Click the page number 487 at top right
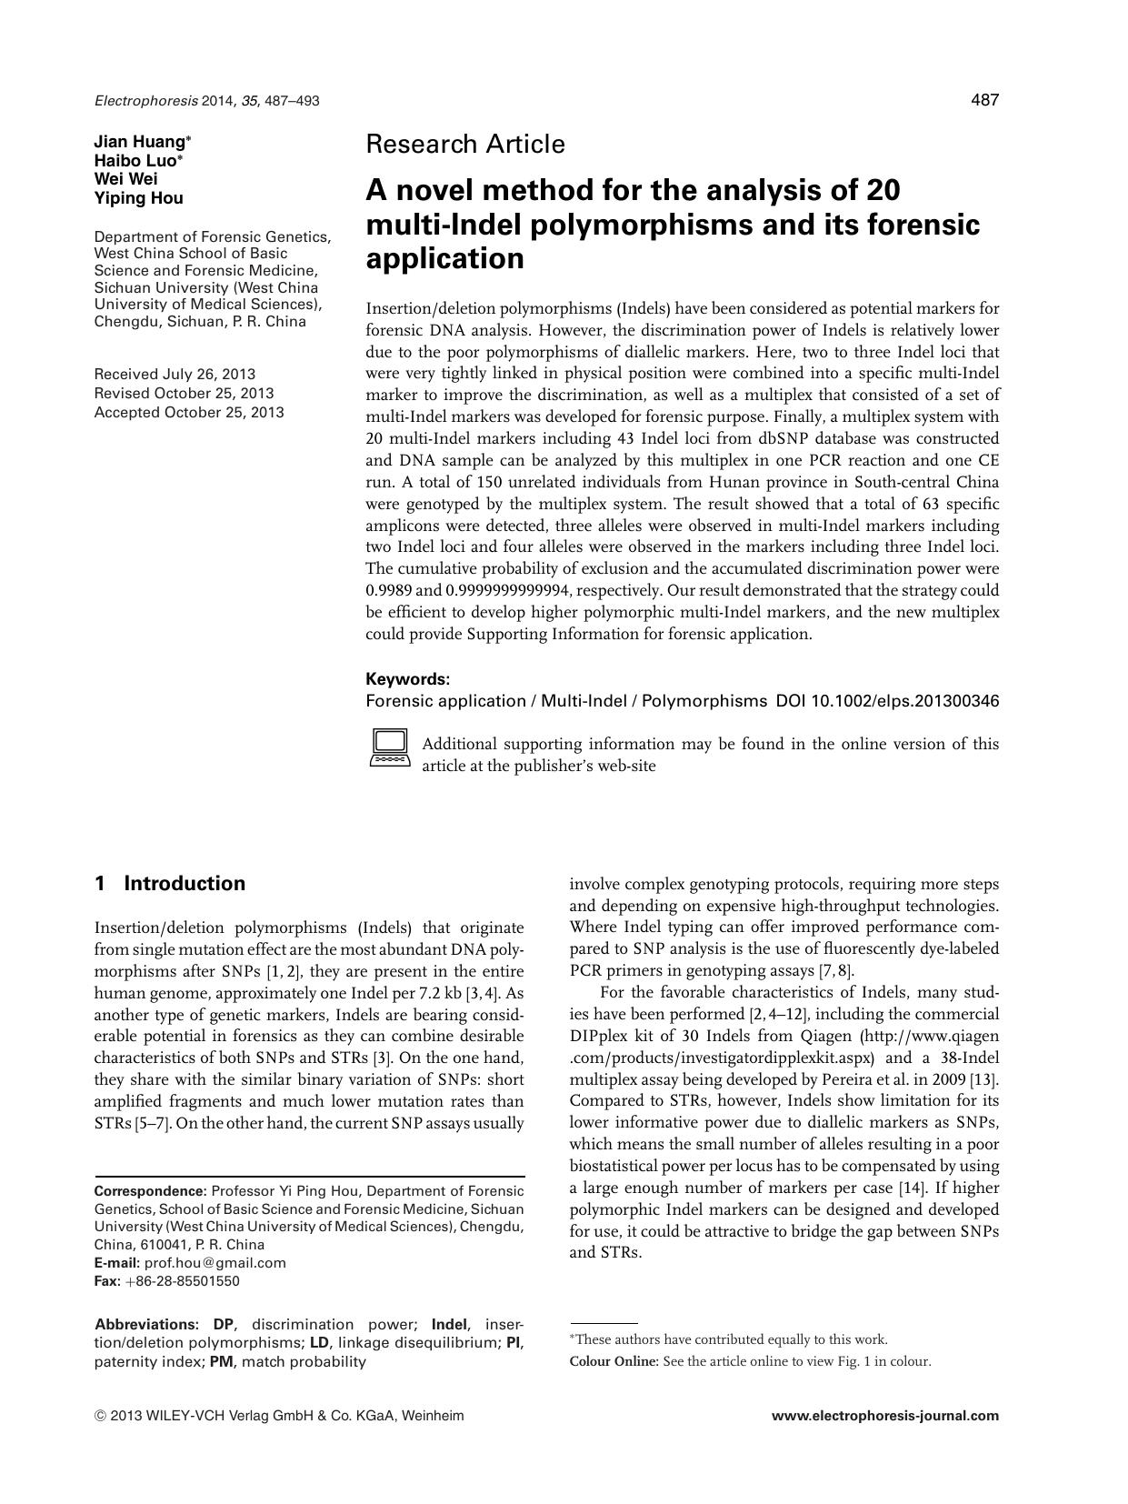984,100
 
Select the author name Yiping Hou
138,198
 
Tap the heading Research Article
464,144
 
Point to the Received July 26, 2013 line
175,374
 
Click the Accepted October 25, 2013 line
189,412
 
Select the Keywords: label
407,679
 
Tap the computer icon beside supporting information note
390,748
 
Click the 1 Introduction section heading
170,884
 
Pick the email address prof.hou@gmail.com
215,1262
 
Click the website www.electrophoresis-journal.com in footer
884,1416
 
